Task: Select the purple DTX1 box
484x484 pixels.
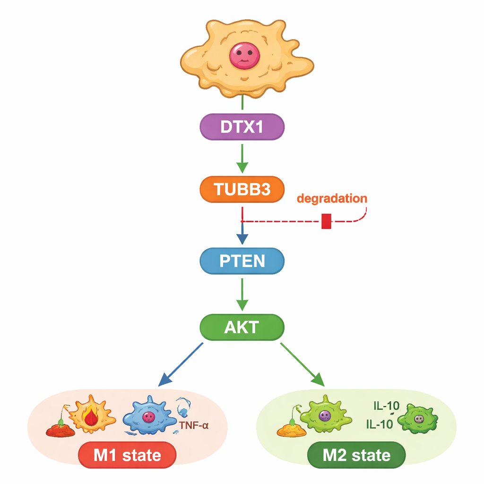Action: (242, 127)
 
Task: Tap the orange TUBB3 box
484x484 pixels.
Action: (242, 189)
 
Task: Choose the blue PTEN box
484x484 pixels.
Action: (242, 261)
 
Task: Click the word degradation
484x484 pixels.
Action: (332, 198)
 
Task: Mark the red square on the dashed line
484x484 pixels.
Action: (326, 221)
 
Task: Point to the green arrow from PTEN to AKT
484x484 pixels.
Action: (242, 295)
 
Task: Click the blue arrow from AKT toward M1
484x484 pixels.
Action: (182, 363)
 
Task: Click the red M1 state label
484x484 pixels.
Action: (127, 455)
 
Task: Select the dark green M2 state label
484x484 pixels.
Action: (356, 455)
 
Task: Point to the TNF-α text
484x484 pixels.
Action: (194, 425)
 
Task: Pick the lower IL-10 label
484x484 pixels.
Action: (379, 424)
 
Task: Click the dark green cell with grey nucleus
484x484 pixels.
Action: (418, 418)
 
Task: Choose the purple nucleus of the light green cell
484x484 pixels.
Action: (324, 415)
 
